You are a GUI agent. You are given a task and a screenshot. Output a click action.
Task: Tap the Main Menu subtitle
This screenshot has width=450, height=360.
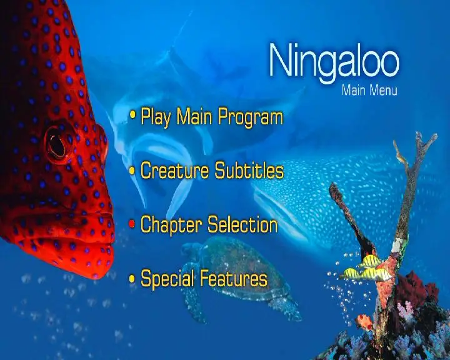pyautogui.click(x=369, y=90)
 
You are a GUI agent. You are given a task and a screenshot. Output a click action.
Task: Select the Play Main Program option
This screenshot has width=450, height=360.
pyautogui.click(x=212, y=117)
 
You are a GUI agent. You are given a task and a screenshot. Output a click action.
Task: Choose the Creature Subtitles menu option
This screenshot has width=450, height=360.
pyautogui.click(x=212, y=171)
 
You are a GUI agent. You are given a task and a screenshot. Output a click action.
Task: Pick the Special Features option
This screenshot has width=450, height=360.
pyautogui.click(x=204, y=278)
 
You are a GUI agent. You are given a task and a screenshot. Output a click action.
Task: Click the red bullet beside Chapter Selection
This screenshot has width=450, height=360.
pyautogui.click(x=132, y=224)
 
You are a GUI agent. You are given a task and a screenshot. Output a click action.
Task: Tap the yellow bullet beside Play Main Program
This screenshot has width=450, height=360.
pyautogui.click(x=132, y=114)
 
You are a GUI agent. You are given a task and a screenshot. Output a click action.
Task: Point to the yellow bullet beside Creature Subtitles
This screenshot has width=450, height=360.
pyautogui.click(x=132, y=171)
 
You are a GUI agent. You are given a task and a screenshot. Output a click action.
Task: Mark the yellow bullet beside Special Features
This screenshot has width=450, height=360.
pyautogui.click(x=132, y=278)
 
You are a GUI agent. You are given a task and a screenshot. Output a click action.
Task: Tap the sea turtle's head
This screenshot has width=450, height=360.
pyautogui.click(x=191, y=249)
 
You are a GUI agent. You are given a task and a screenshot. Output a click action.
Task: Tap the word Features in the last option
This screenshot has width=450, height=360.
pyautogui.click(x=234, y=278)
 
